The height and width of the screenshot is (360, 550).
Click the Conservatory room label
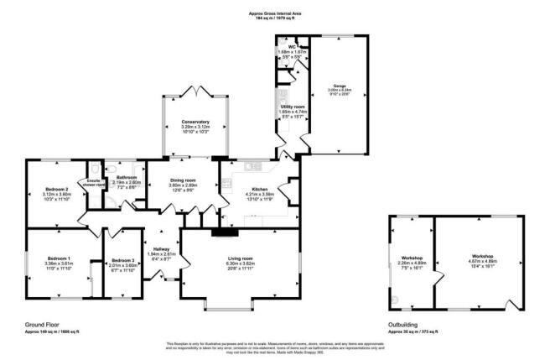coord(195,123)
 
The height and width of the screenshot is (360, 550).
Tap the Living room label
coord(241,258)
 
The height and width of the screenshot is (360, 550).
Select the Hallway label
coord(159,249)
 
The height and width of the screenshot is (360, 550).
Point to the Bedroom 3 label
coord(123,261)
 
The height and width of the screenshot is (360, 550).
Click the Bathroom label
coord(127,177)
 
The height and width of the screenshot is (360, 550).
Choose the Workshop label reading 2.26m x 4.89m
coord(412,256)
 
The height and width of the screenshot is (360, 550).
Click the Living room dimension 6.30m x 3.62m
coord(241,265)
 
